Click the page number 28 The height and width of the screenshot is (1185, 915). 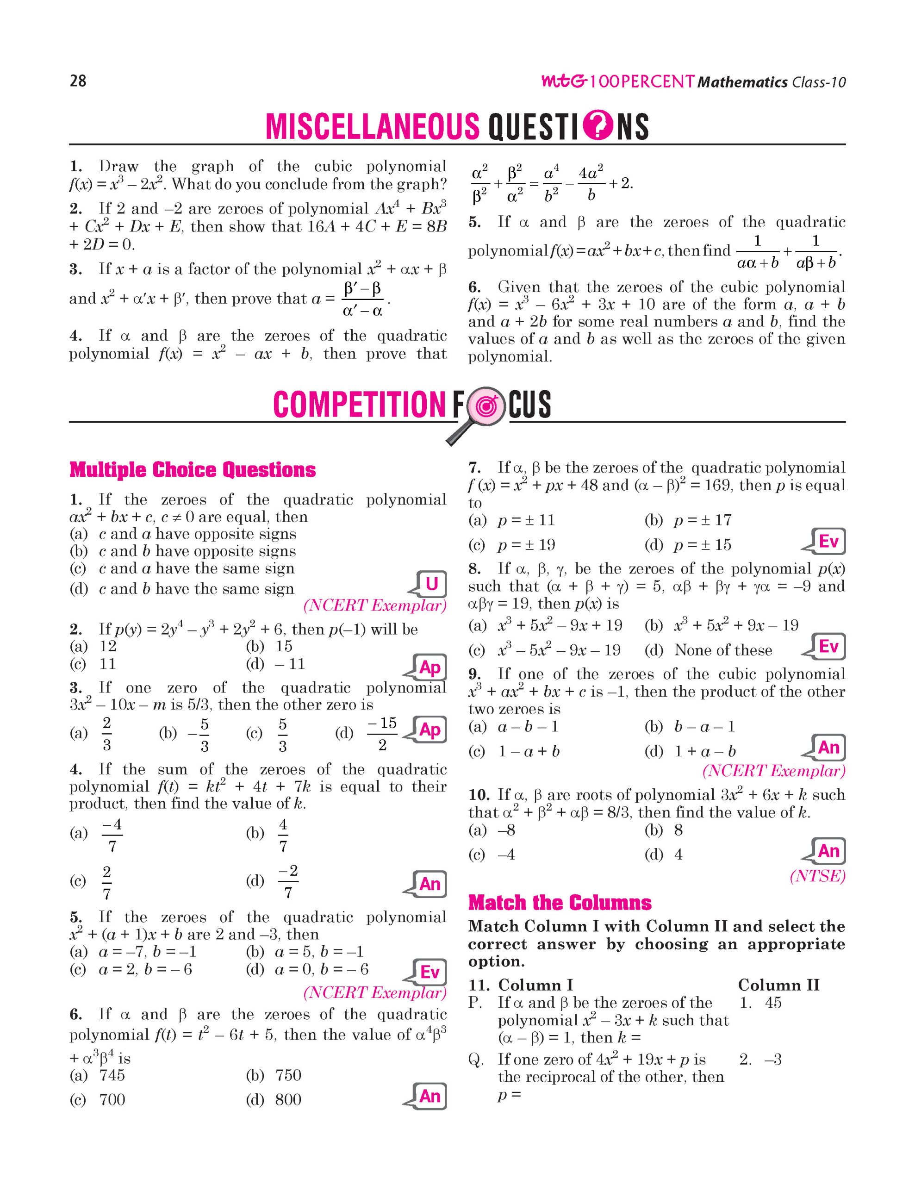[x=78, y=81]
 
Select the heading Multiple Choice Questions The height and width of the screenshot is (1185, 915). [x=193, y=470]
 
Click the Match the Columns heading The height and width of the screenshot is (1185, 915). [x=560, y=903]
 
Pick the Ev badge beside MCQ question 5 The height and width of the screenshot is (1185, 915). [x=430, y=972]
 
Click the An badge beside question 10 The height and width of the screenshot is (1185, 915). [x=828, y=851]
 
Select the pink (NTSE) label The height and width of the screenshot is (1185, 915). [x=817, y=876]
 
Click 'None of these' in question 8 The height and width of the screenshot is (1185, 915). [x=723, y=650]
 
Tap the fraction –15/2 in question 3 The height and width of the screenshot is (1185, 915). [x=382, y=734]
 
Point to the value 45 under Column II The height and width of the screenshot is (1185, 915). [x=773, y=1003]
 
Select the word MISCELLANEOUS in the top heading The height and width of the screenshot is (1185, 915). [x=373, y=126]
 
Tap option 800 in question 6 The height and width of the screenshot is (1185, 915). [x=288, y=1099]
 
